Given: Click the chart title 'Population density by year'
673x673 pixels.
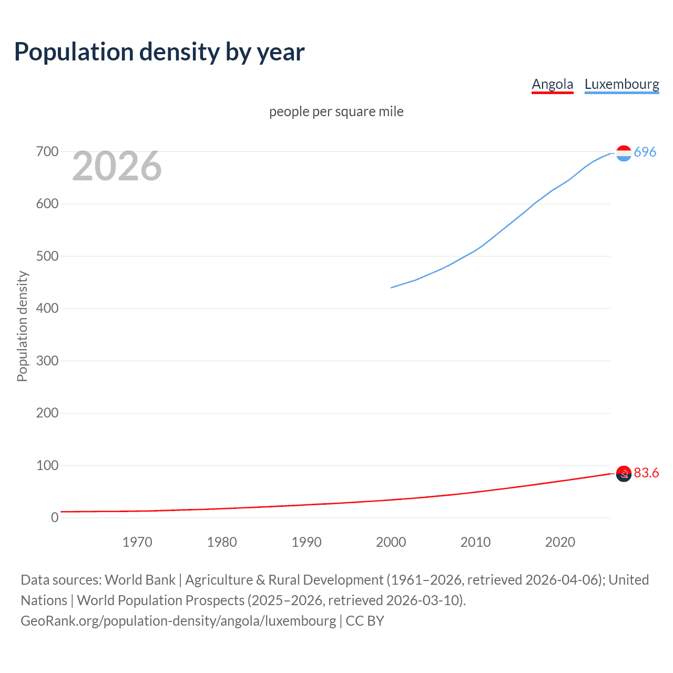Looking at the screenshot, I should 159,52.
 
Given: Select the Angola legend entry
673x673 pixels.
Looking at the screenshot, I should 552,84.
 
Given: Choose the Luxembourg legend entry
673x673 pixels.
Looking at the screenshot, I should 621,84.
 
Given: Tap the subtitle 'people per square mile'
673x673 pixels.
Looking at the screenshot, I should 336,111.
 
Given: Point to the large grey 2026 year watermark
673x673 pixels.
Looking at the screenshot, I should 117,166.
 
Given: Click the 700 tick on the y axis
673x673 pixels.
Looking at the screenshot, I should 47,152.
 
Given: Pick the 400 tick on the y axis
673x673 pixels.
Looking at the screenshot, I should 47,309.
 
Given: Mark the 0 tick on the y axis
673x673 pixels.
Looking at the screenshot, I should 55,517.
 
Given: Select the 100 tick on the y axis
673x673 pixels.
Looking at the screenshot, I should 47,465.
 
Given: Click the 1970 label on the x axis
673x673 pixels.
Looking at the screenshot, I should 137,542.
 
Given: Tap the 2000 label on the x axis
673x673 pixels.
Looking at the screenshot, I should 391,542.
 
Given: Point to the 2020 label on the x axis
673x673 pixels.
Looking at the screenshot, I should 560,542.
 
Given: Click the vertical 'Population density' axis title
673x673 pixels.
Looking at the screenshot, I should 22,326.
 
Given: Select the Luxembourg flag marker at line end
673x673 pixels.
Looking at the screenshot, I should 624,153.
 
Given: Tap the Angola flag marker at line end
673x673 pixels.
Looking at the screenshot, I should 624,474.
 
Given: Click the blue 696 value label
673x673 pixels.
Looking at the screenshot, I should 645,152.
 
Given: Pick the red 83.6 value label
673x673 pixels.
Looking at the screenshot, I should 646,473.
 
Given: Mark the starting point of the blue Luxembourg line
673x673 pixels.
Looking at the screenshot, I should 391,288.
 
